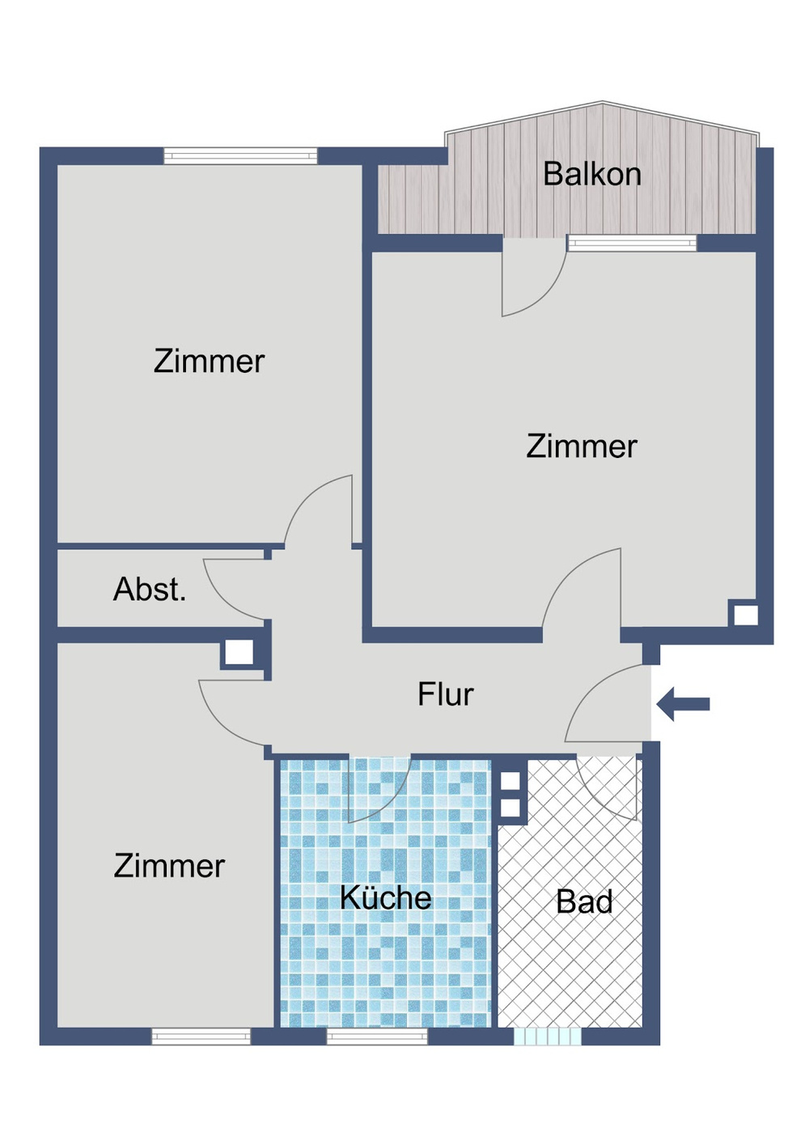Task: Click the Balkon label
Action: [591, 174]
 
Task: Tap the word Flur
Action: [445, 694]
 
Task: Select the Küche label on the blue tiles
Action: [385, 897]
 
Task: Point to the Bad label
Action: [584, 901]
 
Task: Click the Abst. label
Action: [150, 589]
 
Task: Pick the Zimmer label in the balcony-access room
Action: [582, 446]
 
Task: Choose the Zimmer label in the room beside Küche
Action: [169, 866]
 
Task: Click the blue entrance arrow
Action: [684, 704]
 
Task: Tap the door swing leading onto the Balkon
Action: [530, 279]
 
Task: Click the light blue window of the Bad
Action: [548, 1036]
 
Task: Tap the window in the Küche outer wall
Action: [377, 1036]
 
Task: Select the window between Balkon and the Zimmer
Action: [632, 243]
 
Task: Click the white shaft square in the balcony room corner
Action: [745, 615]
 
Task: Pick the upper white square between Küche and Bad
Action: [510, 782]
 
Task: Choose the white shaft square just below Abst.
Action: [238, 652]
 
